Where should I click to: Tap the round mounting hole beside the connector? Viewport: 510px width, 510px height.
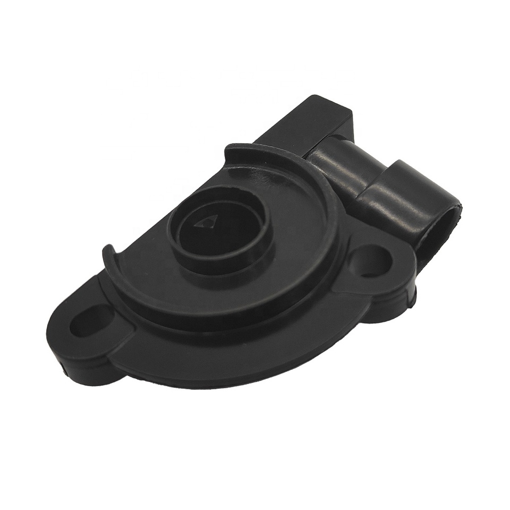[x=375, y=259]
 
